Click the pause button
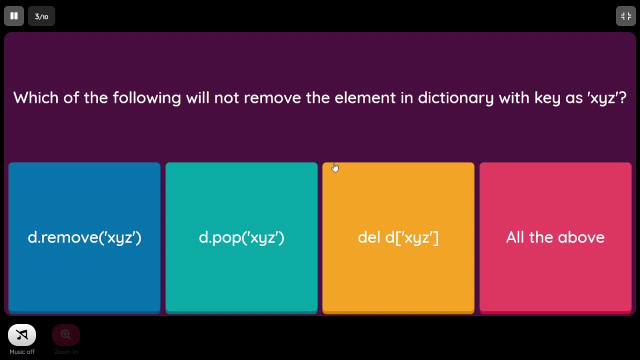point(14,16)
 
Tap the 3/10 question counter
point(41,16)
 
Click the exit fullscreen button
point(626,16)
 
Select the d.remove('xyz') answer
point(84,237)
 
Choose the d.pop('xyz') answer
point(241,237)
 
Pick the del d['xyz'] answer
point(398,237)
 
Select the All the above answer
point(555,237)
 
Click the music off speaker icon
point(22,335)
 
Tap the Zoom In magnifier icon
point(66,335)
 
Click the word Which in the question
point(35,97)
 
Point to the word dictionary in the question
point(455,98)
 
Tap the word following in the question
point(146,98)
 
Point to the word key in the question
point(547,98)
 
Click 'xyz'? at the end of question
point(606,98)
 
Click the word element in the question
point(365,98)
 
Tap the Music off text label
point(22,352)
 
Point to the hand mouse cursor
point(334,167)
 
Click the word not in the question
point(226,98)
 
